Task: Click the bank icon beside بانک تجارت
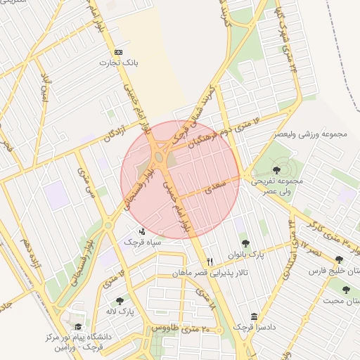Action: click(117, 53)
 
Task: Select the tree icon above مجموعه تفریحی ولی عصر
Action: click(275, 169)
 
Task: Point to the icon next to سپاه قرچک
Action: click(143, 231)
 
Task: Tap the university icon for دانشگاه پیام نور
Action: click(78, 327)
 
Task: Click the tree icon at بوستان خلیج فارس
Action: click(340, 259)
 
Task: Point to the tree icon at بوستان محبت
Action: click(345, 290)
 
